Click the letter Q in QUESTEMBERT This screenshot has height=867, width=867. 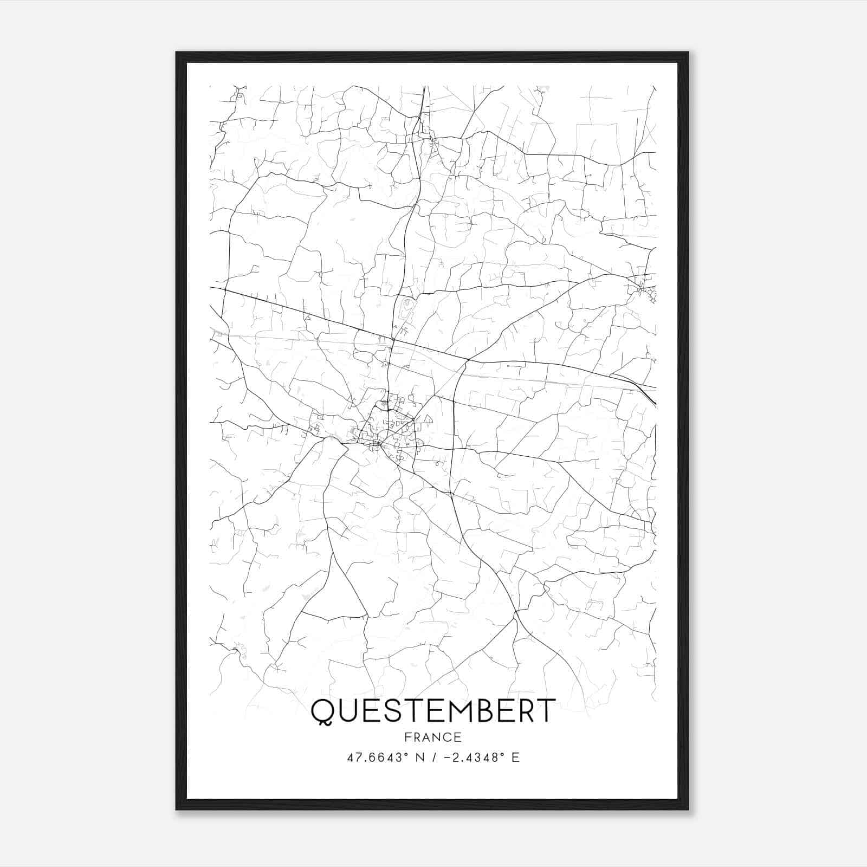[322, 711]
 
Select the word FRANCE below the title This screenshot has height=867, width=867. [433, 737]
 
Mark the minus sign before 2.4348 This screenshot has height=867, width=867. [447, 758]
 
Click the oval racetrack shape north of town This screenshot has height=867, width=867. [406, 309]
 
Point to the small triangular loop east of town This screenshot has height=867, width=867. [425, 419]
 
